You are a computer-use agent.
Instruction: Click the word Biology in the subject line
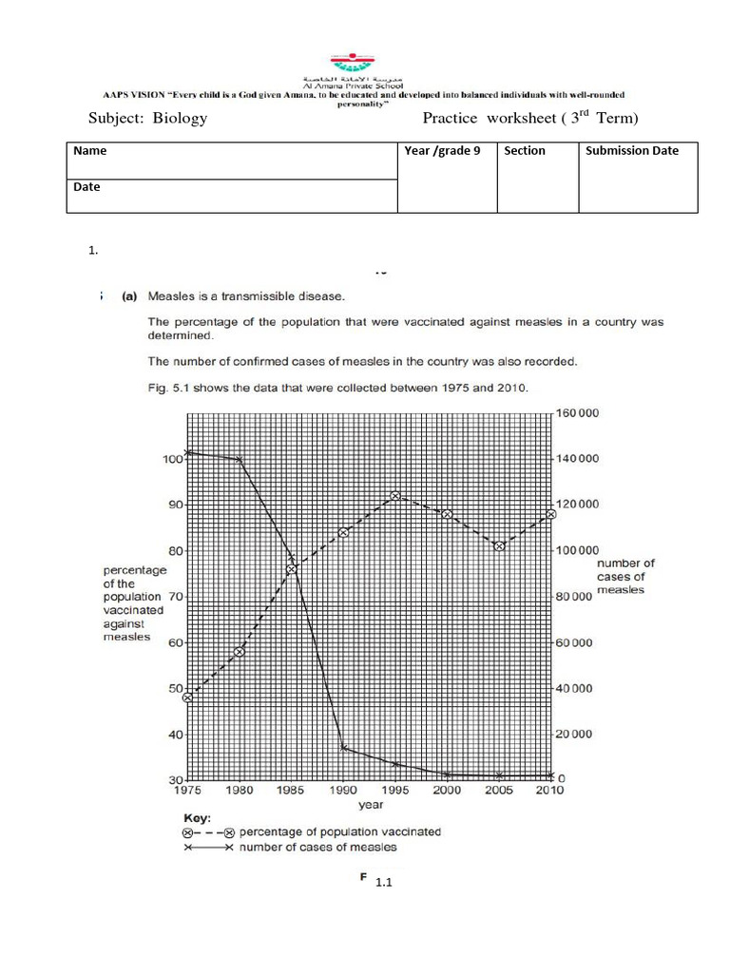tap(178, 119)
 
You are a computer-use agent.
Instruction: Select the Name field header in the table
tap(90, 151)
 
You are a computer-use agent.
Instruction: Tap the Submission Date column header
tap(632, 151)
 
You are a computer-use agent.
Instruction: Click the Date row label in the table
tap(86, 187)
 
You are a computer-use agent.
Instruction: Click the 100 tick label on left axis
tap(172, 459)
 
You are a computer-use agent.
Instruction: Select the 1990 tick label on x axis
tap(343, 791)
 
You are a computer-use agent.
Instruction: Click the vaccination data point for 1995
tap(395, 496)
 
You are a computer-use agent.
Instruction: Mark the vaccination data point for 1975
tap(188, 697)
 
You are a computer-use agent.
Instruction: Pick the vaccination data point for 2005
tap(499, 546)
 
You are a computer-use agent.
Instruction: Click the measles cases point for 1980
tap(240, 459)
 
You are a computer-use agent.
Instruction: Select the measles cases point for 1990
tap(343, 749)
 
